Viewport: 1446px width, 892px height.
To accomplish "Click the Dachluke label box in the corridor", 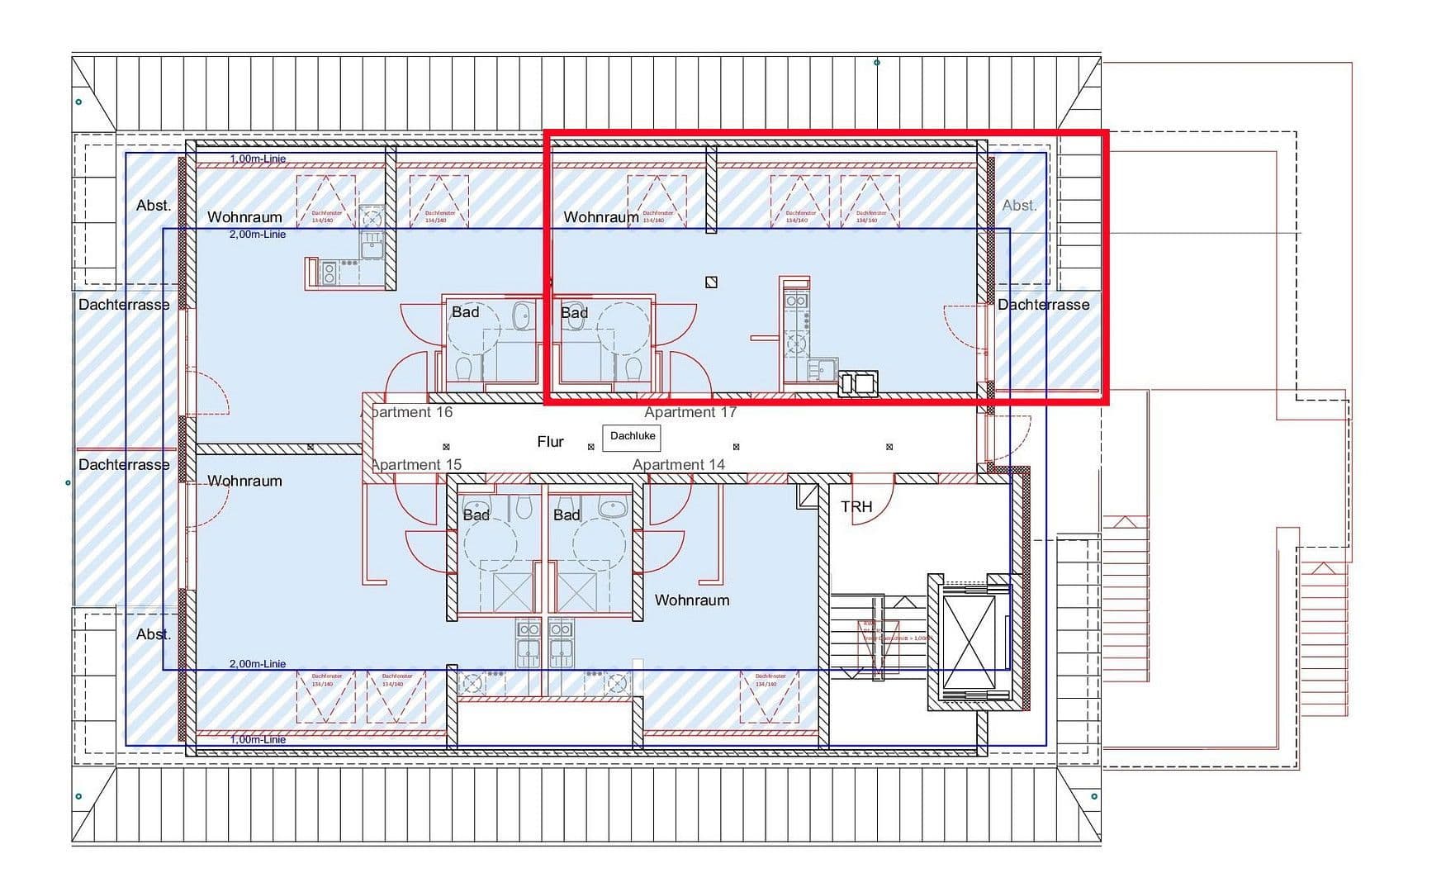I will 632,436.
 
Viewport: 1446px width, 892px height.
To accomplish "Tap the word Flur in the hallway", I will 550,442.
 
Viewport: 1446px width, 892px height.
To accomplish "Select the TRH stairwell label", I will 856,506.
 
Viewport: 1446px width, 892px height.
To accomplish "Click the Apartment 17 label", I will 690,412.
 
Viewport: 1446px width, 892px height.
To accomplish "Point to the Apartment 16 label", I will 410,412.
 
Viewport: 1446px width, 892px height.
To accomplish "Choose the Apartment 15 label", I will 416,465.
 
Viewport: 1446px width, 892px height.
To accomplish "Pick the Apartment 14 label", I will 679,465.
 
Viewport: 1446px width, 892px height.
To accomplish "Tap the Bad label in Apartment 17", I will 574,313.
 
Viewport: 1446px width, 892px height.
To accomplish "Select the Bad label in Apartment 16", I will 465,312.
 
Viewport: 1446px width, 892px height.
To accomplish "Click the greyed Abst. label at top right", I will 1019,206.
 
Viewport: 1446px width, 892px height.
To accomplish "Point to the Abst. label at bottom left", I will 154,634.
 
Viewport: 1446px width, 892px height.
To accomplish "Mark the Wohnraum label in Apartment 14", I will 692,600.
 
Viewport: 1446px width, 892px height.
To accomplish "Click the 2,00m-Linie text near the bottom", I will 258,664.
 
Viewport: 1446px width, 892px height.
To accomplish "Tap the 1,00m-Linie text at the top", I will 258,159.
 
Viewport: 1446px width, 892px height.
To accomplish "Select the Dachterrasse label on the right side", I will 1043,305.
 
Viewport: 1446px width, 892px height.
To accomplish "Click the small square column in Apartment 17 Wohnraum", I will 711,282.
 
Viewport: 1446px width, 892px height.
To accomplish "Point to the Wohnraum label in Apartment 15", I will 244,481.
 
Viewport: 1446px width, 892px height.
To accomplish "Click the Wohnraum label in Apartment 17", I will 600,217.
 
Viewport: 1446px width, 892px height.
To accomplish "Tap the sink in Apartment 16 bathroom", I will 522,315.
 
